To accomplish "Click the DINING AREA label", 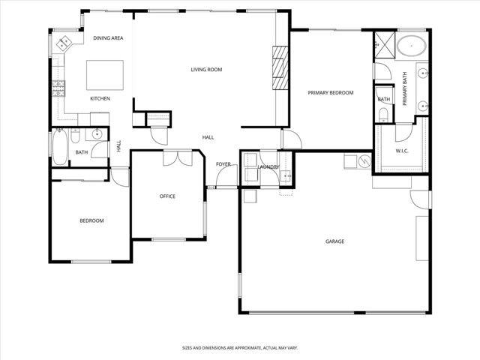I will [x=108, y=38].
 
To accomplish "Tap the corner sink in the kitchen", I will [x=63, y=42].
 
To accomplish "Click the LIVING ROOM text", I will [x=205, y=70].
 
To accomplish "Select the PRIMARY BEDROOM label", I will [x=330, y=92].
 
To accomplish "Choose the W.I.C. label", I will [x=402, y=151].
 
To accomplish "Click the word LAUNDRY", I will [x=269, y=166].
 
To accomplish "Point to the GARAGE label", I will [x=334, y=241].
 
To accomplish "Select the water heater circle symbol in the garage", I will [x=362, y=160].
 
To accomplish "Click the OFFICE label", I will [x=167, y=196].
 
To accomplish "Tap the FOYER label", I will [x=223, y=163].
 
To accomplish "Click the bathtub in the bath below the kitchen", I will [x=58, y=147].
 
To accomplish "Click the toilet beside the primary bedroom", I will [x=383, y=113].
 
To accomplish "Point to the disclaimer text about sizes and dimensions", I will [x=239, y=348].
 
